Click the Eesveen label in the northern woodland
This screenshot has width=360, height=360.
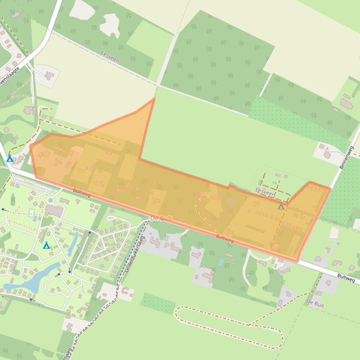click(110, 57)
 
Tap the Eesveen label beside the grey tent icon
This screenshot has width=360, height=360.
click(265, 192)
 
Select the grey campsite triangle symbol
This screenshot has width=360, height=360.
click(281, 206)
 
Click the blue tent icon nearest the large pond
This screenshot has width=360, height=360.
click(46, 245)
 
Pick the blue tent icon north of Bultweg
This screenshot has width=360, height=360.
click(10, 159)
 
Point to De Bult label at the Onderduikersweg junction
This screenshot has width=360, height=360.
click(161, 219)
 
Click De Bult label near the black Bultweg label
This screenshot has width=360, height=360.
click(316, 302)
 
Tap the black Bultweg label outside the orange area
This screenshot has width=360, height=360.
click(346, 278)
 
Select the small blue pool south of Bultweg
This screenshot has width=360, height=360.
click(220, 262)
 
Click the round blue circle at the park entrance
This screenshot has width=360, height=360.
click(50, 201)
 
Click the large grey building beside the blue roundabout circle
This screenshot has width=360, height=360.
click(54, 211)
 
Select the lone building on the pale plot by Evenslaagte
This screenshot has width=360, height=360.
click(49, 75)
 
